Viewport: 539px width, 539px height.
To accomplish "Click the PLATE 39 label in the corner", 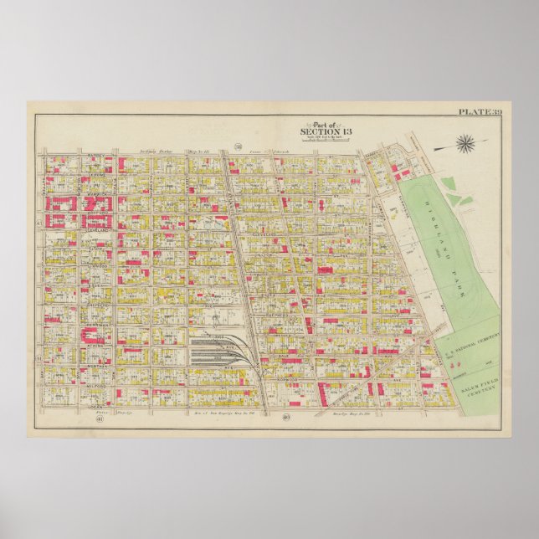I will (480, 111).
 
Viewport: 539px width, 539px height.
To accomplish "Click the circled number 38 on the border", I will (237, 146).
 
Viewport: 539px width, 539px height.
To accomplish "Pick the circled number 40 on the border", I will (285, 417).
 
